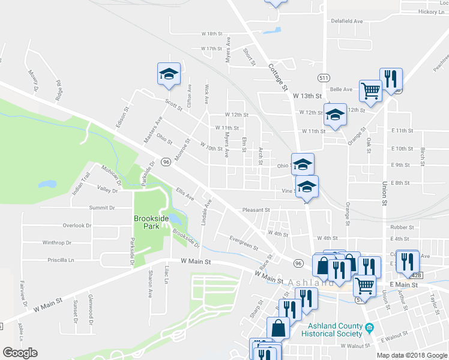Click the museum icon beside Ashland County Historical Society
pos(370,328)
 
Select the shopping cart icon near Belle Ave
pos(371,91)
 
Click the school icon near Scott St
pos(169,74)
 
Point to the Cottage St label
pos(278,77)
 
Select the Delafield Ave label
pos(349,21)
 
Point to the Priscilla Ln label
pos(61,260)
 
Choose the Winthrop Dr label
pos(57,243)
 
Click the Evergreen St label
pos(244,243)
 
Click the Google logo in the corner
pos(20,353)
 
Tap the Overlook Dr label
pos(77,226)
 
